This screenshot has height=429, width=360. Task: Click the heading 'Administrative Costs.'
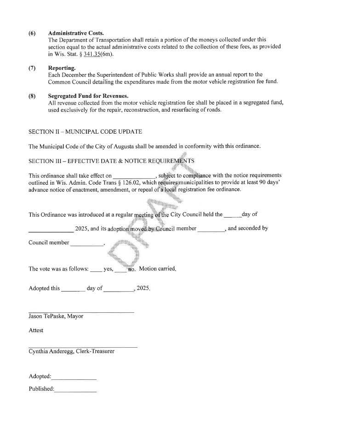[x=76, y=33]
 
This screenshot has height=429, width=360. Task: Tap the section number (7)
[x=32, y=68]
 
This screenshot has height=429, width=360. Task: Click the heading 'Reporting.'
[x=62, y=68]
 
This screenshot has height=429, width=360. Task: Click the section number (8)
[x=32, y=96]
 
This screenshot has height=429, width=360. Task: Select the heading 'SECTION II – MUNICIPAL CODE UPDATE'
[x=85, y=132]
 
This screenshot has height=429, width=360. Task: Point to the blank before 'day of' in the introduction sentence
[x=233, y=215]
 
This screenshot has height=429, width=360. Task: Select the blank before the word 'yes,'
[x=96, y=270]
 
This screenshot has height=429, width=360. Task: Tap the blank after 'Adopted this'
[x=73, y=289]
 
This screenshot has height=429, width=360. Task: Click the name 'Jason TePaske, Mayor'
[x=56, y=316]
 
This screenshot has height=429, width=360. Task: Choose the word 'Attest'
[x=36, y=330]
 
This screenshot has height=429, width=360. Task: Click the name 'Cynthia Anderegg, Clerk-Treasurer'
[x=72, y=351]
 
